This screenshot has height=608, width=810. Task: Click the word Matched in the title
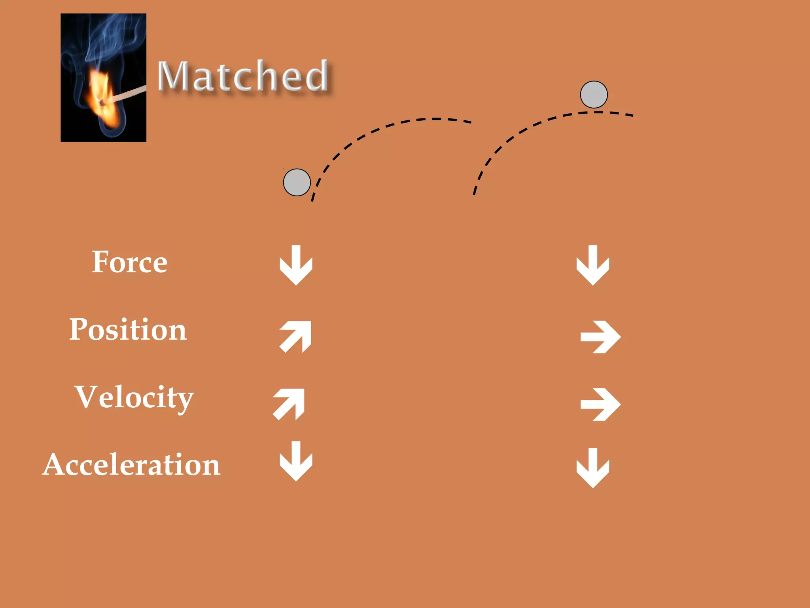pos(243,76)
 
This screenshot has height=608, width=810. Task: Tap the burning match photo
pos(103,78)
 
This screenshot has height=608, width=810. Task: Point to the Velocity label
pos(134,397)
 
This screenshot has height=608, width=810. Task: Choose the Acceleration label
pos(131,465)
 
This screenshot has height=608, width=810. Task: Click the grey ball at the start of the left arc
pos(297,182)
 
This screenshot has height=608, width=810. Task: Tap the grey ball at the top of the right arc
pos(594,95)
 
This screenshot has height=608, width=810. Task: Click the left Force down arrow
pos(296,265)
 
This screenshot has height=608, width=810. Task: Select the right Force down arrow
pos(593,265)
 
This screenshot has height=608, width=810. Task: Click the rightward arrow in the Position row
pos(600,337)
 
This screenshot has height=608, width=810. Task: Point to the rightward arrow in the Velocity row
pos(600,404)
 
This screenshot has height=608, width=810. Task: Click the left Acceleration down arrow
pos(296,461)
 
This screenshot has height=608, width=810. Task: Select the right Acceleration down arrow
pos(593,468)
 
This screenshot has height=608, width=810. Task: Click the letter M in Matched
pos(172,76)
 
